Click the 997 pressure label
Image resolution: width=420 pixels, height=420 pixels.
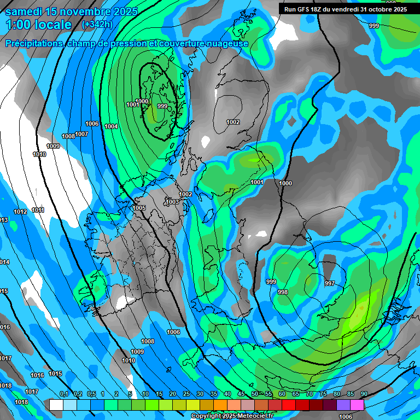pyautogui.click(x=329, y=283)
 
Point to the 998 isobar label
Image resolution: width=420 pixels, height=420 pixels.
pyautogui.click(x=283, y=292)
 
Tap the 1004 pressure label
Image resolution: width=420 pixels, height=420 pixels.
pyautogui.click(x=111, y=126)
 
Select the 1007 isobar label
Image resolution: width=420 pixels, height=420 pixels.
pyautogui.click(x=81, y=134)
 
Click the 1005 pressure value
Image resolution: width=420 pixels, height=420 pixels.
pyautogui.click(x=139, y=208)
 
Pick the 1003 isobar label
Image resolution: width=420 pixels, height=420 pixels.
pyautogui.click(x=172, y=202)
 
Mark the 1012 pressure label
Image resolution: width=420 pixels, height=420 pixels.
pyautogui.click(x=21, y=212)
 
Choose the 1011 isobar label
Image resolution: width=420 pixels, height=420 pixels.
pyautogui.click(x=38, y=210)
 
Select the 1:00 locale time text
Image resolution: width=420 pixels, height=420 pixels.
pyautogui.click(x=38, y=25)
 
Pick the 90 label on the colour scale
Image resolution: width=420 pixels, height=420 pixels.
pyautogui.click(x=364, y=394)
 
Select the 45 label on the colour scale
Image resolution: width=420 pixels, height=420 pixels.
pyautogui.click(x=241, y=394)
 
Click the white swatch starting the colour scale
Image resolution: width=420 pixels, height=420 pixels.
pyautogui.click(x=56, y=405)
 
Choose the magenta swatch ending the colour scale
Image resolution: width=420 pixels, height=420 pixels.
pyautogui.click(x=357, y=405)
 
